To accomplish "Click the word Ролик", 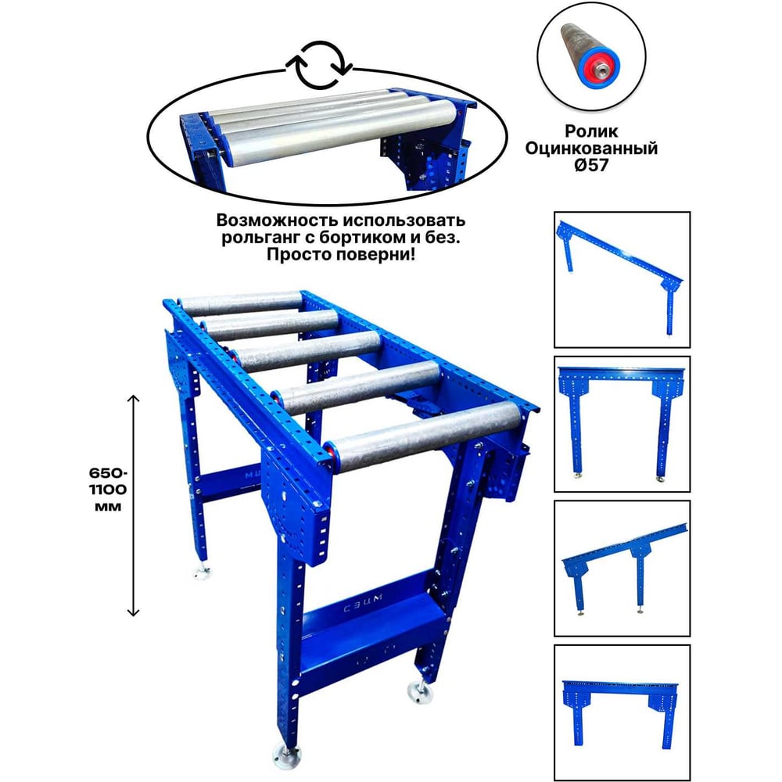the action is click(x=591, y=131).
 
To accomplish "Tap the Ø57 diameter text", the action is click(x=591, y=165).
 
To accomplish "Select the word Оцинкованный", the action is click(x=591, y=148).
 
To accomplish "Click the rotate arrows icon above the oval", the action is click(x=320, y=66).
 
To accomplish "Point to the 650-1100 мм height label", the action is click(x=108, y=490).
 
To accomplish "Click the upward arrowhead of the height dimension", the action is click(x=133, y=398).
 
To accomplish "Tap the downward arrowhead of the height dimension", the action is click(x=133, y=612).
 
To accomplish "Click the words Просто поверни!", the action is click(x=341, y=254).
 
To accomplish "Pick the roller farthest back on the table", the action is click(x=240, y=302).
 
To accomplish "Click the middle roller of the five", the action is click(x=304, y=351).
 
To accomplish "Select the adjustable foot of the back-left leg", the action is click(x=202, y=572).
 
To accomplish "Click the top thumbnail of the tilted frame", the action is click(x=622, y=280).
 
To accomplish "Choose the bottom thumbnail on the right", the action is click(x=622, y=712).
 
